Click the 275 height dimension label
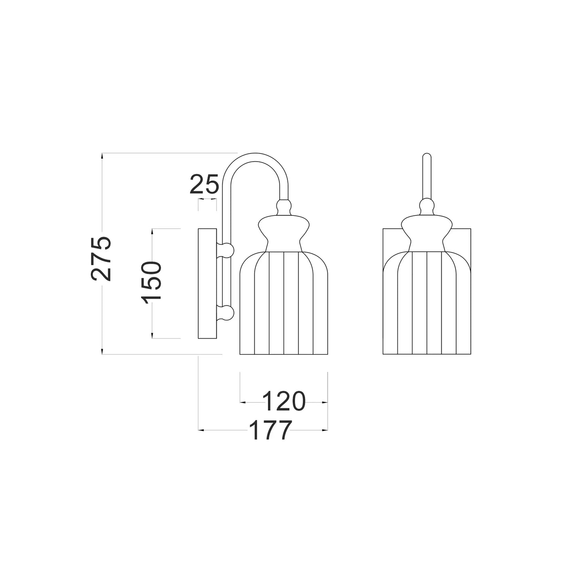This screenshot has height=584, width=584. coord(100,259)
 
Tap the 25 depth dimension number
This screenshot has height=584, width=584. coord(204,184)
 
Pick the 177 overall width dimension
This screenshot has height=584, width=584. coord(270,430)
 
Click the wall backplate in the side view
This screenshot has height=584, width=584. coord(207,283)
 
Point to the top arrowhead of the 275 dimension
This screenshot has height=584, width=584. coord(103,156)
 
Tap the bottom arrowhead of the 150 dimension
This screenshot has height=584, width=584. coord(152,335)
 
